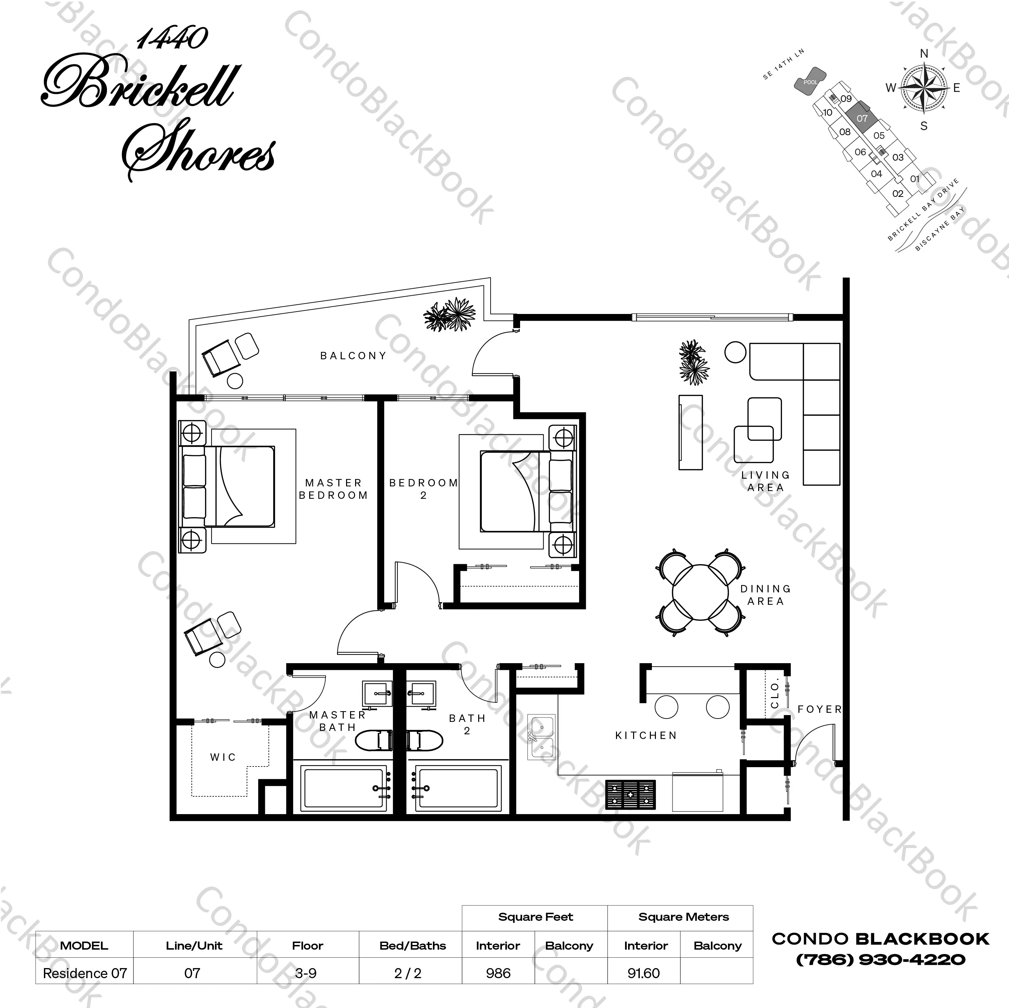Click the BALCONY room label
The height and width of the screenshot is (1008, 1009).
tap(353, 356)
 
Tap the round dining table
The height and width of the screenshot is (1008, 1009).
tap(700, 592)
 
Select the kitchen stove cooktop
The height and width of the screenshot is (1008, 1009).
tap(630, 795)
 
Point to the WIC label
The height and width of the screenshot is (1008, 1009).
tap(223, 757)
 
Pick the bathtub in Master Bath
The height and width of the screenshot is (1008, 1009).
tap(346, 788)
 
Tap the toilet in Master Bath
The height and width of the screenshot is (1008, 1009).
tap(374, 740)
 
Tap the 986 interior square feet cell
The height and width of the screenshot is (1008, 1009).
tap(498, 973)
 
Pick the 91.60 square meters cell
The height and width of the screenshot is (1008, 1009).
tap(644, 973)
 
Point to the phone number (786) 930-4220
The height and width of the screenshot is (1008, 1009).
tap(881, 959)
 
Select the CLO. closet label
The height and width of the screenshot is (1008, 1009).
tap(775, 693)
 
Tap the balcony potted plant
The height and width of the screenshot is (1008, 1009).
tap(449, 315)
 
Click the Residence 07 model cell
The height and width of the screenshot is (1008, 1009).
tap(85, 973)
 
